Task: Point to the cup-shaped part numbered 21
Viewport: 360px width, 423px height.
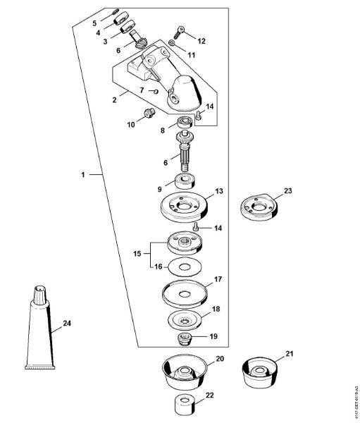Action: [x=262, y=370]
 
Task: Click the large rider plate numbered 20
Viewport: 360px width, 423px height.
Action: [x=186, y=371]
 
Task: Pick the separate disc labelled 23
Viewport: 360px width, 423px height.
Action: [x=262, y=207]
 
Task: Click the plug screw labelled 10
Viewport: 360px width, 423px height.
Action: [x=148, y=114]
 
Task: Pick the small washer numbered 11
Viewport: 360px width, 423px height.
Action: [x=171, y=44]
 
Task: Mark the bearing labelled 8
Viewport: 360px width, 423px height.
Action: [x=186, y=125]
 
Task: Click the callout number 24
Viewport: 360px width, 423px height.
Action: [x=67, y=324]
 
